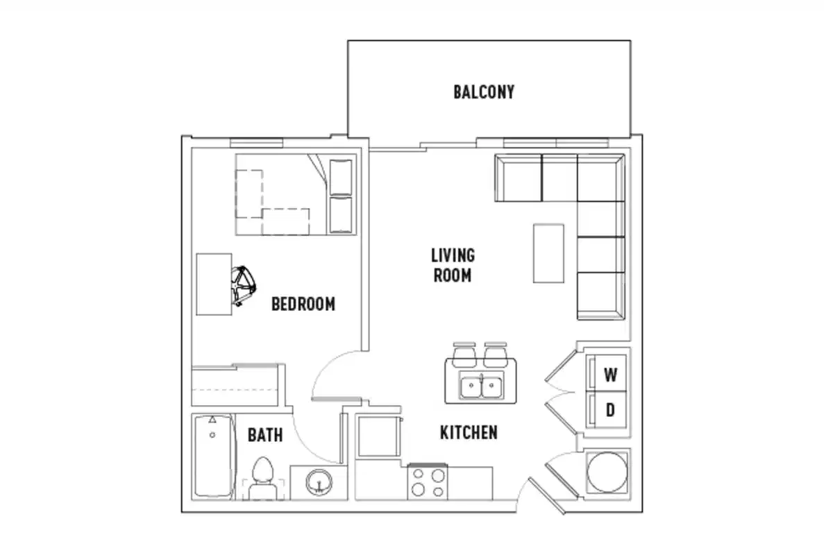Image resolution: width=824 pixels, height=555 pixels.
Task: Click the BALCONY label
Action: pyautogui.click(x=484, y=92)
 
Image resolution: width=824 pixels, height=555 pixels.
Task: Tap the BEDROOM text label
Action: pyautogui.click(x=303, y=304)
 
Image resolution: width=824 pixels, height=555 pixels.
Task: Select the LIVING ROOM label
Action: pyautogui.click(x=453, y=265)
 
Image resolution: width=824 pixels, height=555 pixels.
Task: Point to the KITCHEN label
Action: pyautogui.click(x=469, y=433)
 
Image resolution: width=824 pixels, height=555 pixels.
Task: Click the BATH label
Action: pyautogui.click(x=265, y=435)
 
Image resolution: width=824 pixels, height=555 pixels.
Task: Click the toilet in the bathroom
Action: pyautogui.click(x=263, y=479)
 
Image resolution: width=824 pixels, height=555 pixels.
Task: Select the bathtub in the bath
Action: pyautogui.click(x=212, y=456)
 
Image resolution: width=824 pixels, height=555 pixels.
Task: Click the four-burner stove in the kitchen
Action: pyautogui.click(x=427, y=483)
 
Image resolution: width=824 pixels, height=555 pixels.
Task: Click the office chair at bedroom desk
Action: pyautogui.click(x=244, y=285)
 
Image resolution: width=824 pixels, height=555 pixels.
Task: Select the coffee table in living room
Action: pyautogui.click(x=548, y=253)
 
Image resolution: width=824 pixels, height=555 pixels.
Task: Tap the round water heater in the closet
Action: pyautogui.click(x=608, y=472)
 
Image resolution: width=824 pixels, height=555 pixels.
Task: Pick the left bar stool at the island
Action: pyautogui.click(x=462, y=355)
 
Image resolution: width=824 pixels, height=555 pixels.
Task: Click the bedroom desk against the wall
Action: pyautogui.click(x=213, y=284)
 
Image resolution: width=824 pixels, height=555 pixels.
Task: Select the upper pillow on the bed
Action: pyautogui.click(x=341, y=177)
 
